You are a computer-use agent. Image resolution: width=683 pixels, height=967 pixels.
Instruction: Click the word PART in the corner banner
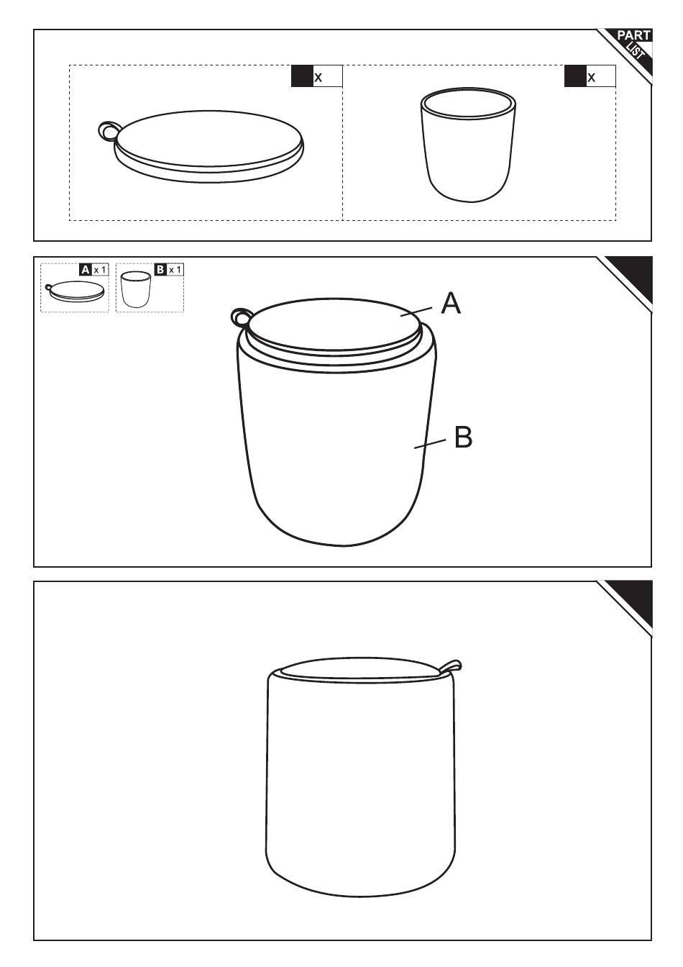pyautogui.click(x=633, y=36)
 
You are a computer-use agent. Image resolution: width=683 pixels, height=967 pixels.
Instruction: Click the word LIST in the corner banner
pyautogui.click(x=636, y=52)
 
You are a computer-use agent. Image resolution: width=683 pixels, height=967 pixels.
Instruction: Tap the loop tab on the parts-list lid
pyautogui.click(x=107, y=130)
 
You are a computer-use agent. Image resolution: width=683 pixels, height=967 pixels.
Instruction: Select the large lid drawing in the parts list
pyautogui.click(x=201, y=146)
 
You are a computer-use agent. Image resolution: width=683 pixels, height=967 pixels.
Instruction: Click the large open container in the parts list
pyautogui.click(x=468, y=145)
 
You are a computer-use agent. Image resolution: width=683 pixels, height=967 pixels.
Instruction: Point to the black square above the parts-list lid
pyautogui.click(x=302, y=76)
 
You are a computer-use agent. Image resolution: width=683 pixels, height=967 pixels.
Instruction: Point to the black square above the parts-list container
pyautogui.click(x=575, y=76)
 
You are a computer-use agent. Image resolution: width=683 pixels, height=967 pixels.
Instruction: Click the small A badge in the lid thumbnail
pyautogui.click(x=86, y=270)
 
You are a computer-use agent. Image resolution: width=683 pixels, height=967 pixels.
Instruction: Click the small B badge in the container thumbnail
pyautogui.click(x=160, y=270)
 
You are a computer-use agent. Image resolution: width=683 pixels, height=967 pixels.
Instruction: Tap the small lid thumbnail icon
pyautogui.click(x=75, y=291)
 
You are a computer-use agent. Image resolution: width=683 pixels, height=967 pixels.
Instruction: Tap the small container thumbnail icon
pyautogui.click(x=135, y=289)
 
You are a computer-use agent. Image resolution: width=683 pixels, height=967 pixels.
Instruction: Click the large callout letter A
pyautogui.click(x=451, y=303)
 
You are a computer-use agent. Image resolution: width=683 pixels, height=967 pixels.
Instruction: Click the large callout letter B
pyautogui.click(x=464, y=437)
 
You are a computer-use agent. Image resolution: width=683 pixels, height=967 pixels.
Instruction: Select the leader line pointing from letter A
pyautogui.click(x=416, y=312)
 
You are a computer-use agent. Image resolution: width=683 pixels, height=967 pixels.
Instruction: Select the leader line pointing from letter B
pyautogui.click(x=430, y=444)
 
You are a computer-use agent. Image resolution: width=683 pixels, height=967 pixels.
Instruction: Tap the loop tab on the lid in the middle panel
pyautogui.click(x=240, y=318)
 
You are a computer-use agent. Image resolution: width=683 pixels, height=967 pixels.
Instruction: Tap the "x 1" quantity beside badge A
pyautogui.click(x=100, y=271)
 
